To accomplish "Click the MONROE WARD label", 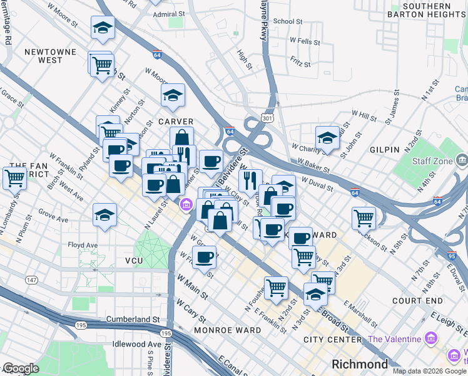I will coord(227,330).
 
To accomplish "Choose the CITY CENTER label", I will coord(332,340).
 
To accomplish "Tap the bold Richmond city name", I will coord(360,364).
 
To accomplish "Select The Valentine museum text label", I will coord(395,340).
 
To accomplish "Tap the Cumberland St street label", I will coord(133,319).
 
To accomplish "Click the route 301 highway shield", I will coord(268,118).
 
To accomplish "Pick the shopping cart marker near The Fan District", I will coord(14,177).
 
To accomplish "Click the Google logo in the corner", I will coord(21,368).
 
